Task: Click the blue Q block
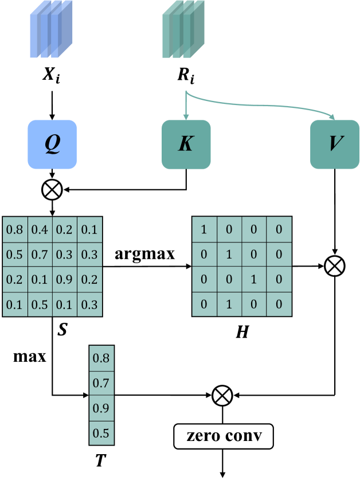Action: click(x=52, y=145)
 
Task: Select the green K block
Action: click(x=186, y=145)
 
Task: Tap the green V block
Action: click(x=334, y=145)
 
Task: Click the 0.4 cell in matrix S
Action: click(x=40, y=230)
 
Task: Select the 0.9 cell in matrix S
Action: click(x=65, y=280)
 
